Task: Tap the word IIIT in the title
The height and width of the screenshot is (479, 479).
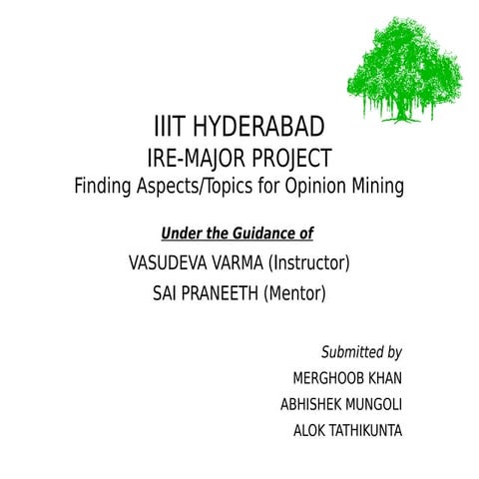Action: pos(171,129)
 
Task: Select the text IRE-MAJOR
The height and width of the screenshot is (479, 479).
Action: pos(191,158)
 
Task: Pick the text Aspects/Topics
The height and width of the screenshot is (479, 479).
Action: pos(202,186)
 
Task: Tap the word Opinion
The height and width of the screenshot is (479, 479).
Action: pos(321,186)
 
